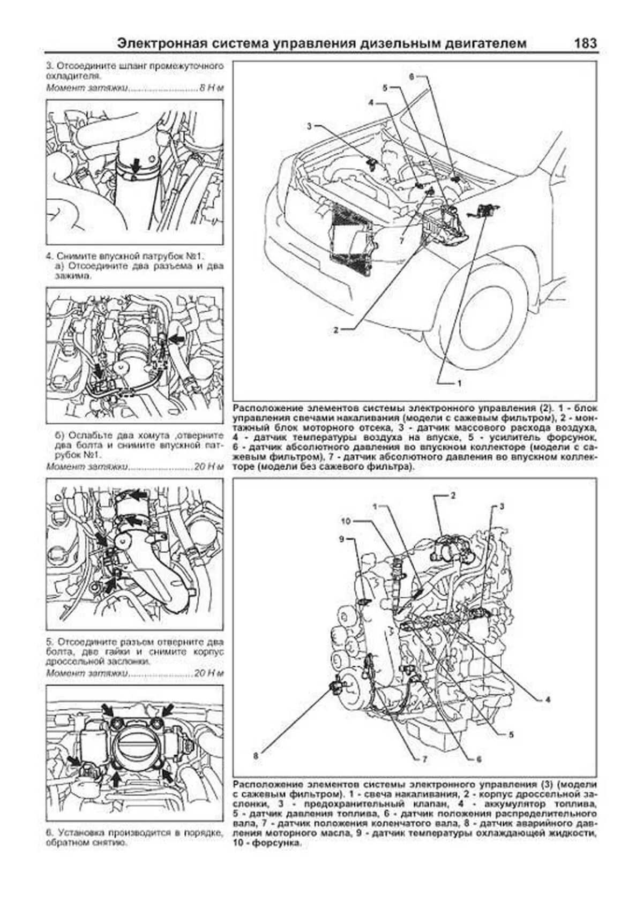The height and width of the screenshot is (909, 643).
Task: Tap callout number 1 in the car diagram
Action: click(459, 384)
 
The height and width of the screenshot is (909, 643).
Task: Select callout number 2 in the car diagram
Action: click(336, 330)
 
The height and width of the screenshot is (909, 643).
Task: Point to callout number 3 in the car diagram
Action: click(309, 126)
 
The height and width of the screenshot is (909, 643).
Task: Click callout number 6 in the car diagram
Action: click(412, 77)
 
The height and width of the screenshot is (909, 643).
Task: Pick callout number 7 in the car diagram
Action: click(401, 241)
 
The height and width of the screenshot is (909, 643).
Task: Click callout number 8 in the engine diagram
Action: click(256, 756)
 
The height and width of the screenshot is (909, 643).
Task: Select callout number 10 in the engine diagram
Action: click(346, 521)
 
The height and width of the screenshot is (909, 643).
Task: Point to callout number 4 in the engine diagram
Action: click(548, 700)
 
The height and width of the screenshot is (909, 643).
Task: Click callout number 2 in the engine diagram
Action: click(453, 495)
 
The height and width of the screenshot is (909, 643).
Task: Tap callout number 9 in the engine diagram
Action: click(341, 539)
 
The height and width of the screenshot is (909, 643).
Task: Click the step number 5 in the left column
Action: click(49, 641)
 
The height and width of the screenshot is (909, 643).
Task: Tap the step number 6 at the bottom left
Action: click(49, 832)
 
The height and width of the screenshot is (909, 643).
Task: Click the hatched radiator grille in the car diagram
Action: click(348, 236)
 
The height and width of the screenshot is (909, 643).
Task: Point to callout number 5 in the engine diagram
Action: click(511, 735)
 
